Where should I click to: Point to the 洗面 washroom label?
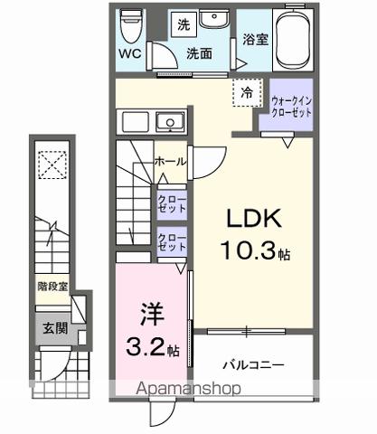pos(199,53)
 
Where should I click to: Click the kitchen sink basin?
pos(167,122)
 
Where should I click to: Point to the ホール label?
pos(171,161)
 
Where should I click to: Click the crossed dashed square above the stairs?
pos(52,165)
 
